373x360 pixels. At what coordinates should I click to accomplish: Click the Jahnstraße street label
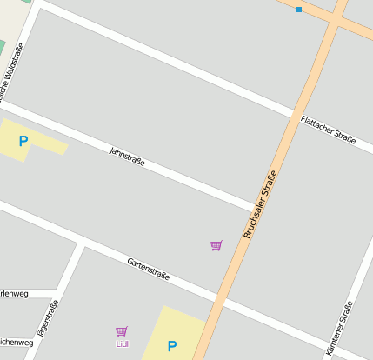tap(127, 157)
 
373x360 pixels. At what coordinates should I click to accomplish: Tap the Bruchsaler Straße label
tap(261, 205)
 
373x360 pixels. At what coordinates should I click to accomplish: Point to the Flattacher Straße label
tap(329, 135)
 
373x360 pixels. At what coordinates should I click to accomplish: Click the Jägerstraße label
tap(48, 318)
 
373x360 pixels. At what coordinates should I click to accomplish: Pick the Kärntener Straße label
tap(340, 327)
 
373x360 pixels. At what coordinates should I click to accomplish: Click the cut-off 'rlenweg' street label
tap(15, 294)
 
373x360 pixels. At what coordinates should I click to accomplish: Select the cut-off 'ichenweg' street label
tap(17, 343)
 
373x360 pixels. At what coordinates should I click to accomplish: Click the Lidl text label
tap(122, 343)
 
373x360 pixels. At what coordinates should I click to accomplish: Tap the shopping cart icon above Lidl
tap(121, 331)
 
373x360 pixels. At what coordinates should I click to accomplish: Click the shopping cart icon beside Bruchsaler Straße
tap(216, 246)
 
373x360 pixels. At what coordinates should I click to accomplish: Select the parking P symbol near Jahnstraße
tap(23, 141)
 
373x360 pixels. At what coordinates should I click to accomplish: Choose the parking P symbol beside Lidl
tap(172, 345)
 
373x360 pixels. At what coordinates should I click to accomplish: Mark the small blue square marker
tap(299, 10)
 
